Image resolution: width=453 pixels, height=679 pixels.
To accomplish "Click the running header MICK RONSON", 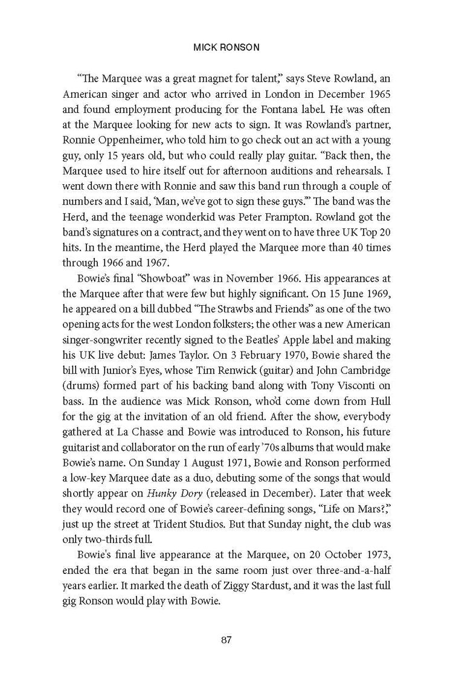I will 226,46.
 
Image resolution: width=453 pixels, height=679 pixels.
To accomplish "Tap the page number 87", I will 226,640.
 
